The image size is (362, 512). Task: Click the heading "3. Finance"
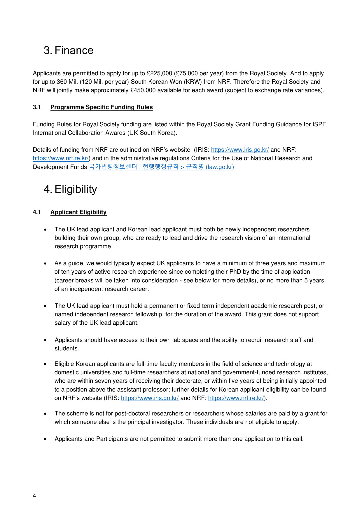[69, 50]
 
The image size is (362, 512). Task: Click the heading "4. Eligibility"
[70, 189]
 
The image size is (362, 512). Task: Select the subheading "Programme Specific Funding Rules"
[102, 107]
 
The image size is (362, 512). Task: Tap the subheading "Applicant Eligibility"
[78, 212]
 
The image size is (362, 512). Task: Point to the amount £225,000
[159, 73]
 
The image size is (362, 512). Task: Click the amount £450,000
[143, 90]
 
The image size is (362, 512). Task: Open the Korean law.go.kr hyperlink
[161, 167]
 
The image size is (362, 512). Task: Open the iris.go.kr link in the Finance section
[240, 150]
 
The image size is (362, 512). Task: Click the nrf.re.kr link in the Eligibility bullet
[236, 398]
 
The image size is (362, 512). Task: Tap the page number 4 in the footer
[34, 496]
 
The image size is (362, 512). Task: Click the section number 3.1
[37, 107]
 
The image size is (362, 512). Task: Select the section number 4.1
[37, 212]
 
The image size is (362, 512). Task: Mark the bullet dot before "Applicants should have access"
[45, 340]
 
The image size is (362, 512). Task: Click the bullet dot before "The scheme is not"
[45, 414]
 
